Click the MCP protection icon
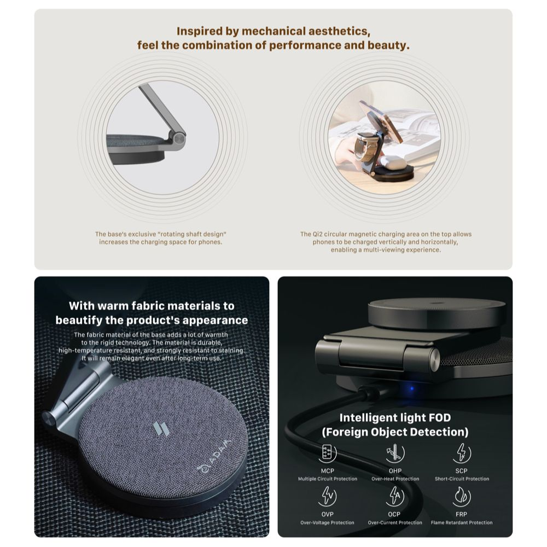tap(327, 453)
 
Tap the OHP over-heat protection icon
tap(395, 453)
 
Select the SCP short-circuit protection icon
tap(462, 453)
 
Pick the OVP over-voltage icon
tap(327, 497)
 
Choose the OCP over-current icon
tap(395, 497)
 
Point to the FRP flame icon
tap(462, 497)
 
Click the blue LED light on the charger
tap(412, 388)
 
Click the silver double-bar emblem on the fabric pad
tap(161, 429)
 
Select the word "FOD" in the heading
tap(438, 417)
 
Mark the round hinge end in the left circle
tap(179, 139)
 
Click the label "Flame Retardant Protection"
tap(462, 522)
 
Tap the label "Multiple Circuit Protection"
tap(328, 479)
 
